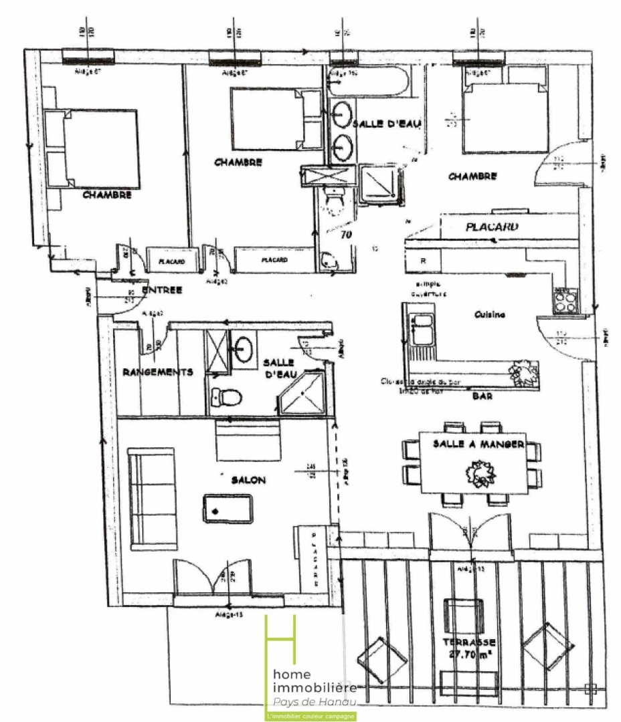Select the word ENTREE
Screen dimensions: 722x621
click(162, 289)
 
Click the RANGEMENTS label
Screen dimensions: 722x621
click(158, 372)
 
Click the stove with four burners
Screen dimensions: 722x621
click(564, 299)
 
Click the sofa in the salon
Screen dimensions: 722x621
click(153, 498)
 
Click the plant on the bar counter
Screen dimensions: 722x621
click(523, 372)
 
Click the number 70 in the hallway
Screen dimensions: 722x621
click(346, 235)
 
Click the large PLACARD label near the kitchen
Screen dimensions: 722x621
click(492, 227)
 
